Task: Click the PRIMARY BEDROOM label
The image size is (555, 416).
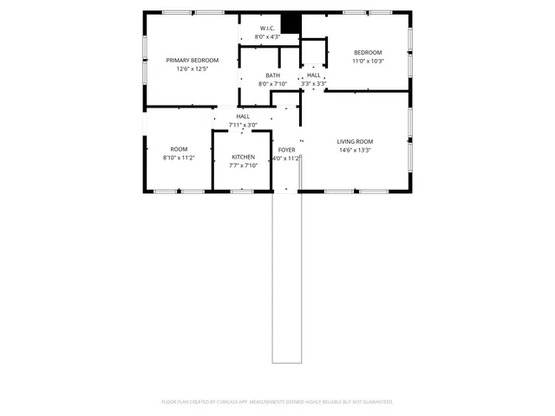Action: click(x=193, y=60)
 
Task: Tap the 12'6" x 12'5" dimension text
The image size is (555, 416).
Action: click(x=193, y=68)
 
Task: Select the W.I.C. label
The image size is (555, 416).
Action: click(x=267, y=28)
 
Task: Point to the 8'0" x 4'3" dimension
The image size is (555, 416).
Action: click(x=267, y=37)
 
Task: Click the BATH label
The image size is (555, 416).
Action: click(x=272, y=75)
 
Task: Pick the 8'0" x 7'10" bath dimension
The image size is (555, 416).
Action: click(x=272, y=84)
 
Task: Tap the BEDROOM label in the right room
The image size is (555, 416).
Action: click(x=367, y=52)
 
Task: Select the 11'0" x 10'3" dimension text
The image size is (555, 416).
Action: click(x=367, y=62)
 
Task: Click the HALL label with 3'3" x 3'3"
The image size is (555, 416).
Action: click(x=313, y=75)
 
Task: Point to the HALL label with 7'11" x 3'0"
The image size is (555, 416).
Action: click(x=243, y=116)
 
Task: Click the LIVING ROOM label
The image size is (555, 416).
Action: click(x=355, y=141)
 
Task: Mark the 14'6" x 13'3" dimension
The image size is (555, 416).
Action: click(x=355, y=151)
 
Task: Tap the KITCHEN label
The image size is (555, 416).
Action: click(x=243, y=157)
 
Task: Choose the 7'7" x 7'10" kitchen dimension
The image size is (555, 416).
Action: click(x=243, y=166)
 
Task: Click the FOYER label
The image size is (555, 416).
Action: click(x=286, y=150)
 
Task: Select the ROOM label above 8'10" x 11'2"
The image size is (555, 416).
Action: click(x=179, y=149)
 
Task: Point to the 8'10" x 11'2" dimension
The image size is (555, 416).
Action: click(x=179, y=159)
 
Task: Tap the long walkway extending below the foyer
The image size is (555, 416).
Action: click(x=285, y=277)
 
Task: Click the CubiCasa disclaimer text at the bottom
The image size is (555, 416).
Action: click(x=277, y=401)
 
